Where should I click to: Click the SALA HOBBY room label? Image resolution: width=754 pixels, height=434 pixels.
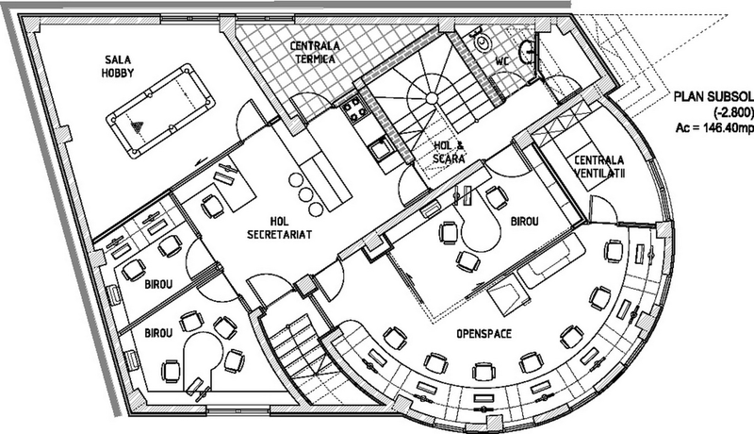tap(118, 66)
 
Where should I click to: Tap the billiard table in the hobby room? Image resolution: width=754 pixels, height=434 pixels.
tap(160, 110)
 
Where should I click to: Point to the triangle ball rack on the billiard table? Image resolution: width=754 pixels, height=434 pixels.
tap(138, 127)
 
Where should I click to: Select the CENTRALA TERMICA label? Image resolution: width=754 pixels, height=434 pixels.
tap(315, 52)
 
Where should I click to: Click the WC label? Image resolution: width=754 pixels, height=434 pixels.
tap(502, 61)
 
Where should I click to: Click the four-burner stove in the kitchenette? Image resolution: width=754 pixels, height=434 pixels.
tap(356, 110)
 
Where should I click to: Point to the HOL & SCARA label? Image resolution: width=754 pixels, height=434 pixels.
tap(449, 151)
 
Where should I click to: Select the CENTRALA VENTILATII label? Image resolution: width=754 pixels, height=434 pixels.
tap(599, 166)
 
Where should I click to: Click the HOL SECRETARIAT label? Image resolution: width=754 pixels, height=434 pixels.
tap(279, 227)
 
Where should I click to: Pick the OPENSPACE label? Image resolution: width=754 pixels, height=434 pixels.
tap(484, 333)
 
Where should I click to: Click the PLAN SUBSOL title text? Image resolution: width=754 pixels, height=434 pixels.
tap(713, 96)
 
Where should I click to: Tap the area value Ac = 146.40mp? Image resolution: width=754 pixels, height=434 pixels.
tap(714, 128)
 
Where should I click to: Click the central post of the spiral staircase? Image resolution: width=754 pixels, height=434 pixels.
tap(431, 98)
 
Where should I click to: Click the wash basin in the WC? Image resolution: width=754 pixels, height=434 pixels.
tap(527, 50)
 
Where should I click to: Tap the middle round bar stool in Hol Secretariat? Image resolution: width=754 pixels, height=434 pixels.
tap(305, 194)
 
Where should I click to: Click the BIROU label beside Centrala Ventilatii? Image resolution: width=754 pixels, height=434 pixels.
tap(524, 222)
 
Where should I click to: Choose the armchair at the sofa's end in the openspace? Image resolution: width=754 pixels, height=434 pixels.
tap(505, 296)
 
